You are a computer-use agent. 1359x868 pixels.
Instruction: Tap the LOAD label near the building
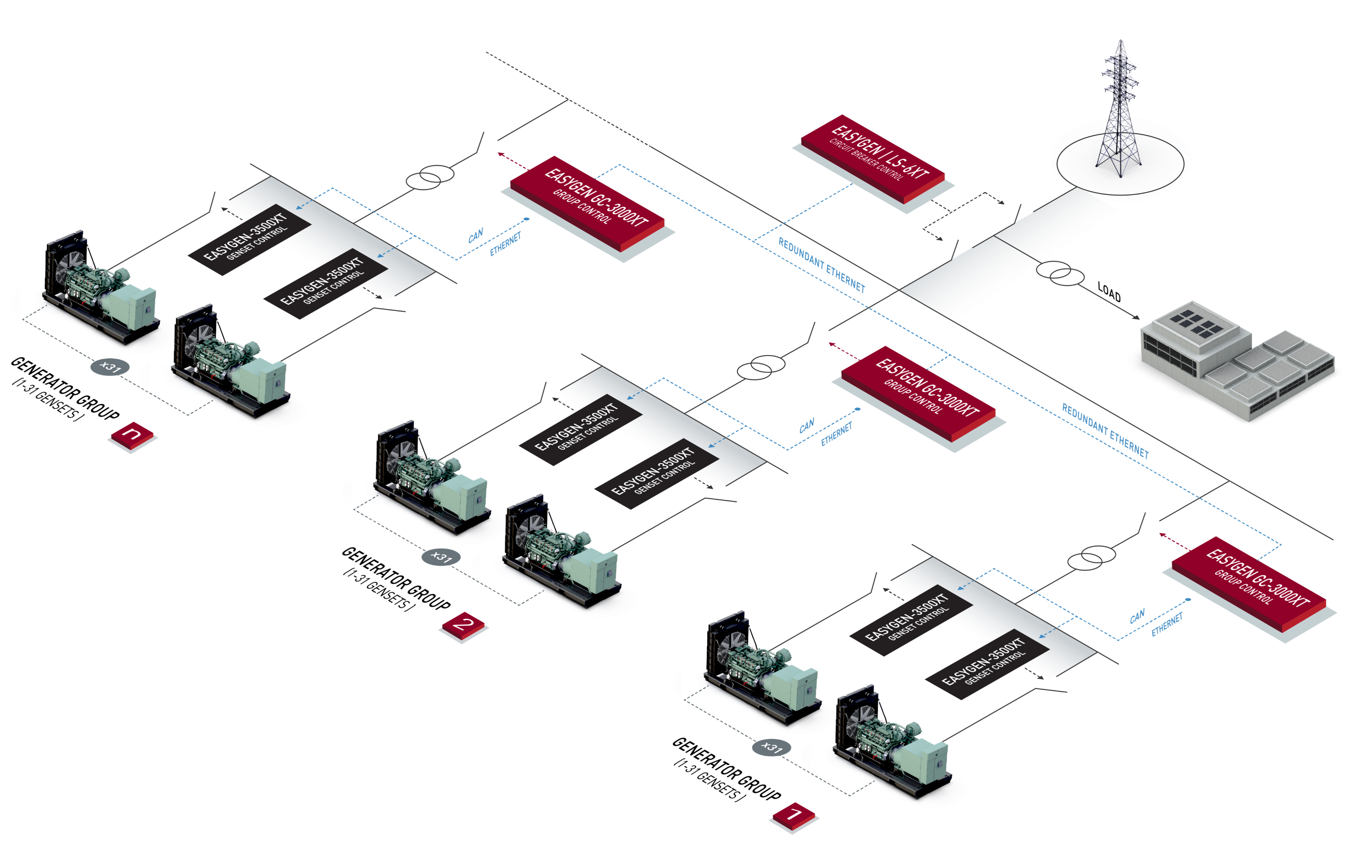tap(1109, 292)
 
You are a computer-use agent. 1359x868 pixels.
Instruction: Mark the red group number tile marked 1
tap(794, 815)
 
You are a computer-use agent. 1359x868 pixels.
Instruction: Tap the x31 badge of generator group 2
tap(441, 557)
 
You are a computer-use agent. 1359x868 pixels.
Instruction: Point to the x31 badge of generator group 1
tap(771, 748)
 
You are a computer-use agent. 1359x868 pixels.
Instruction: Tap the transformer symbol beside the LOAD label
tap(1060, 275)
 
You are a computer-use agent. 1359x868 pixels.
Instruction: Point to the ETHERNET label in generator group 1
tap(1167, 624)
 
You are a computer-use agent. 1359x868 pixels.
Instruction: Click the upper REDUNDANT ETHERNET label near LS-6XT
tap(821, 264)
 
